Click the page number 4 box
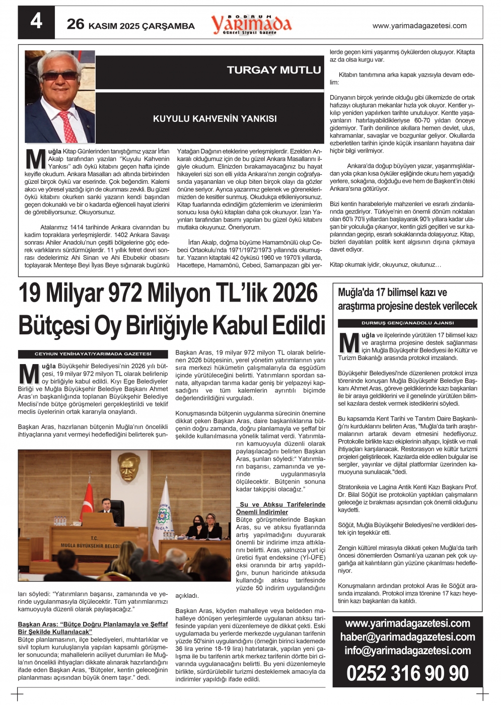coord(36,22)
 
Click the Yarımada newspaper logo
coord(251,24)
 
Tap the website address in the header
coord(419,26)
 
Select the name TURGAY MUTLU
coord(273,70)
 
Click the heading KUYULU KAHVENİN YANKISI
coord(214,119)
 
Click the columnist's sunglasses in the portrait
coord(59,76)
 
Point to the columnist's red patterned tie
coord(69,126)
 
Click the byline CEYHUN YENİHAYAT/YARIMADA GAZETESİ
coord(93,354)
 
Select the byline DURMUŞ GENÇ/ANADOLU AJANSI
coord(407,323)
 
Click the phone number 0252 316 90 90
coord(407,673)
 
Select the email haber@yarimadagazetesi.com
coord(407,637)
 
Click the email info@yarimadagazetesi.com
coord(407,651)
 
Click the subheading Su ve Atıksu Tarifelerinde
coord(282,504)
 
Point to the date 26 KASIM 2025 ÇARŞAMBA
coord(130,25)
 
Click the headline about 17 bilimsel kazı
coord(407,299)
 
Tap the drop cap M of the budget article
coord(29,374)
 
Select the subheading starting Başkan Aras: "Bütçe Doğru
coord(93,627)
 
